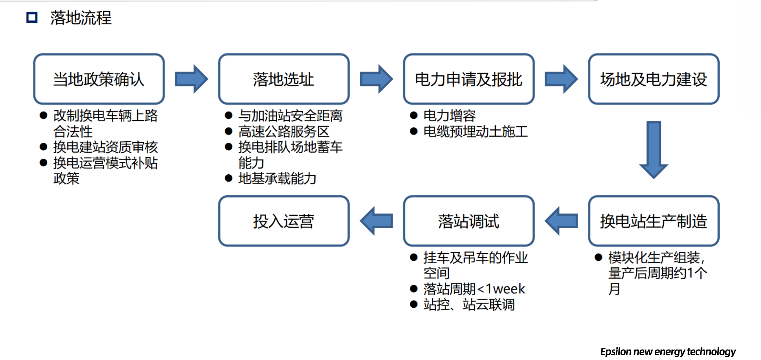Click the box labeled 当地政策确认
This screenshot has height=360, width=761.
click(99, 79)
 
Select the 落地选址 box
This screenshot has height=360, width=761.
click(284, 79)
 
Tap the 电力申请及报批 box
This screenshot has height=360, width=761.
click(469, 79)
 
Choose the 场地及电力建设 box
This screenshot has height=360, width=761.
click(654, 79)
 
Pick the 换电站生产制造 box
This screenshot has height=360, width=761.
click(654, 221)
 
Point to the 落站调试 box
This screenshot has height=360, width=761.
click(469, 221)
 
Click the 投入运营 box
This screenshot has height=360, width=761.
click(284, 221)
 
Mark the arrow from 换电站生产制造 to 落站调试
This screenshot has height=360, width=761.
click(561, 221)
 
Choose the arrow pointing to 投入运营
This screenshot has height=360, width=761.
click(376, 221)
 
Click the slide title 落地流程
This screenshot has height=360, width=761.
click(81, 18)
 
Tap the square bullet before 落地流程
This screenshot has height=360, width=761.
click(32, 18)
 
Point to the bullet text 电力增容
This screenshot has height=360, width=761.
click(449, 116)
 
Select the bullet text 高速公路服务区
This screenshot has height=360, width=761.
click(284, 132)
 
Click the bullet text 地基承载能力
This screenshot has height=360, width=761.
click(277, 179)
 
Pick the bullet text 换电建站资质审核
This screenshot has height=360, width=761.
click(105, 147)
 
